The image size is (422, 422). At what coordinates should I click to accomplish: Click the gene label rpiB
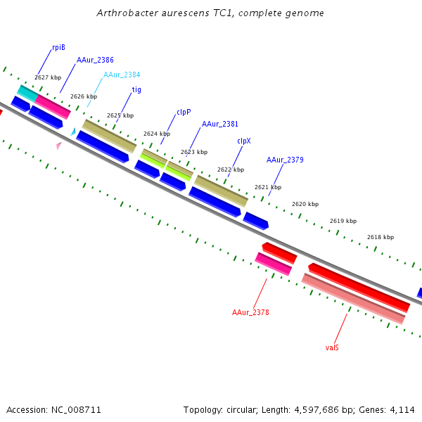pos(58,47)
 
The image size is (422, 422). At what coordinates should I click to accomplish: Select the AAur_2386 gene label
pos(95,60)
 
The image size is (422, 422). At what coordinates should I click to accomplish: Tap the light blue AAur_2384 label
pos(122,75)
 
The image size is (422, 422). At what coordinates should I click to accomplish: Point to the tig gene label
pos(137,89)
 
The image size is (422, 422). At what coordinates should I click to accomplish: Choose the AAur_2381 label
pos(220,124)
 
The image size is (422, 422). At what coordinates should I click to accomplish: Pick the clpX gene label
pos(244,141)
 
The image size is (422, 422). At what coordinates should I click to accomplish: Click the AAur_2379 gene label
pos(285,160)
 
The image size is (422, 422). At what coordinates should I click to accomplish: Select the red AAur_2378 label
pos(250,312)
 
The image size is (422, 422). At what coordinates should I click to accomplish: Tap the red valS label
pos(332,347)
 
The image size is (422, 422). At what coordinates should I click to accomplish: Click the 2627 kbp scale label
pos(48,77)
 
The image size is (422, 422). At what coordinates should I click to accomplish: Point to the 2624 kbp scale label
pos(157,134)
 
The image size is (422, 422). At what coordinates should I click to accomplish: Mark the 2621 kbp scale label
pos(268,187)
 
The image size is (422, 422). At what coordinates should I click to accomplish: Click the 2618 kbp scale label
pos(381,237)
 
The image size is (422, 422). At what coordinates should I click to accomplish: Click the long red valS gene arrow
pos(359,287)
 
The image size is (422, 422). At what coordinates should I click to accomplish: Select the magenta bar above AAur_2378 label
pos(273,264)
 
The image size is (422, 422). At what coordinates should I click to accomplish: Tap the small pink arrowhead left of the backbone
pos(59,146)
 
